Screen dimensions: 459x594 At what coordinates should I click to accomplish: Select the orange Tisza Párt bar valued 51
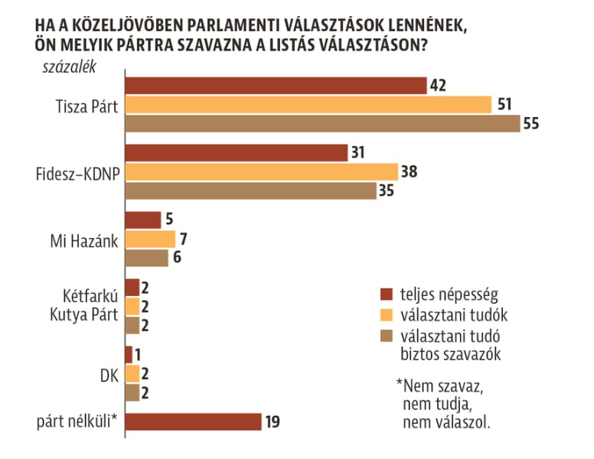tap(307, 105)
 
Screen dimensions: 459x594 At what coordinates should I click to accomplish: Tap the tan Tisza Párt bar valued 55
tap(321, 124)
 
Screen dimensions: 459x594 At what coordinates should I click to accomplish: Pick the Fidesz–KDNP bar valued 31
tap(235, 153)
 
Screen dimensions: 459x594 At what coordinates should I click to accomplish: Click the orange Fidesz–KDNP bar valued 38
tap(260, 171)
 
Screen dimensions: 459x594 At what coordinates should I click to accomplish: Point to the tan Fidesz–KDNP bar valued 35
tap(250, 190)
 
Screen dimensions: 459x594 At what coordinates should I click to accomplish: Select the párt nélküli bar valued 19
tap(193, 422)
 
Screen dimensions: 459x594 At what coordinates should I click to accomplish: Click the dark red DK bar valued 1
tap(128, 355)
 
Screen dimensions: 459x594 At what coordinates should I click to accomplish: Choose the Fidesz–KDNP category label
tap(77, 172)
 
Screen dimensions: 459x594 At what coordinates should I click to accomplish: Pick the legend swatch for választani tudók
tap(387, 314)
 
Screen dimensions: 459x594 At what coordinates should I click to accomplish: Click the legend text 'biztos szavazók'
tap(447, 353)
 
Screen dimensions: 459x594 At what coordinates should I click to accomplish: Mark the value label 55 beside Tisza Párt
tap(532, 124)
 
